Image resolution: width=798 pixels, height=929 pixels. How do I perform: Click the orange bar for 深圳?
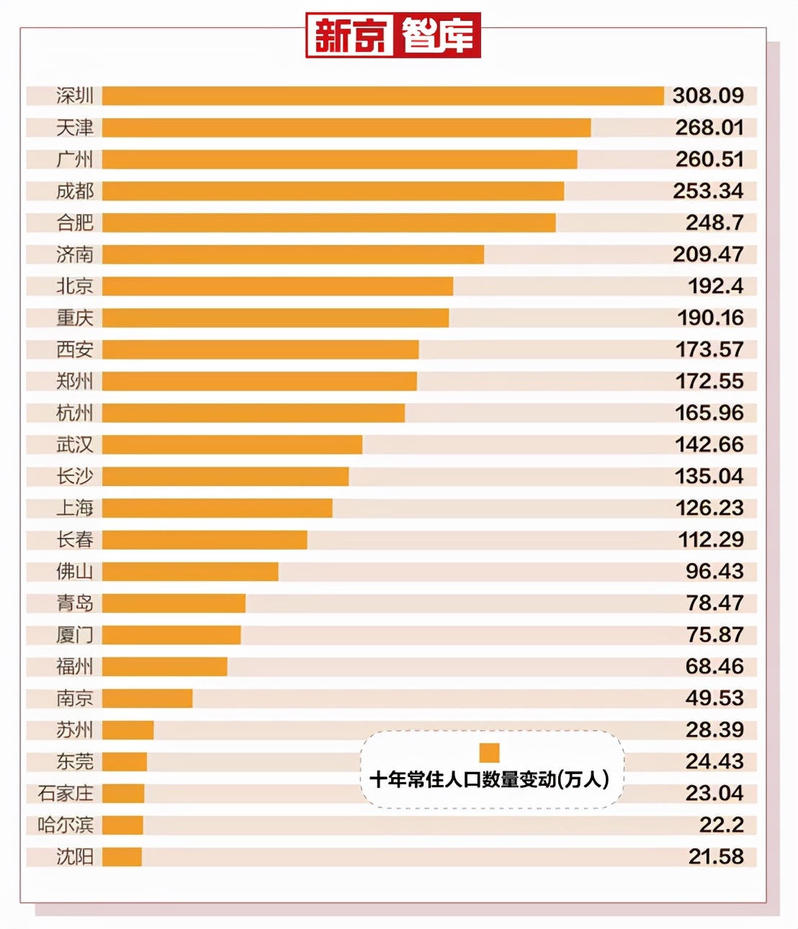(x=382, y=96)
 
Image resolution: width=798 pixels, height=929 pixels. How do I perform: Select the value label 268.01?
(x=709, y=127)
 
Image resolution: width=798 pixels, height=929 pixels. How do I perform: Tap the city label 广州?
(x=75, y=159)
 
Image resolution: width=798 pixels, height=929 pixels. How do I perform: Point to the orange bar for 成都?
(x=333, y=191)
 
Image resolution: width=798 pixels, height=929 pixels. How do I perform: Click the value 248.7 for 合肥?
(x=714, y=223)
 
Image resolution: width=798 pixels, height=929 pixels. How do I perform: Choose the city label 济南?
(x=75, y=254)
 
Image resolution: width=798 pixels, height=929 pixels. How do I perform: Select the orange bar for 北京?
(x=277, y=286)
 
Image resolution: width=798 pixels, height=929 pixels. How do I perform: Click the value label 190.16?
(x=709, y=318)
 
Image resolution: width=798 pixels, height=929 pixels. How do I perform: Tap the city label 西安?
(x=75, y=349)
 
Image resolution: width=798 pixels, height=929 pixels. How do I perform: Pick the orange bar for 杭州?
(x=253, y=413)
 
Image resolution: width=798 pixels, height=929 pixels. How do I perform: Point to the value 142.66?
(x=709, y=444)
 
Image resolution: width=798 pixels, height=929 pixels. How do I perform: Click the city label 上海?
(x=75, y=508)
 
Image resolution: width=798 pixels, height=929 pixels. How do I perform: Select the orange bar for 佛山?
(x=190, y=571)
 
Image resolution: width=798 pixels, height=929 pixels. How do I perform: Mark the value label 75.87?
(x=714, y=634)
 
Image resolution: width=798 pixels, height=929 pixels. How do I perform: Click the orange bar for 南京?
(x=147, y=698)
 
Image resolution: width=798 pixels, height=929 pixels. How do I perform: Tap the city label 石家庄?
(x=66, y=793)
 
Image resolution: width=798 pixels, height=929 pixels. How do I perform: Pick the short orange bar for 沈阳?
(x=122, y=856)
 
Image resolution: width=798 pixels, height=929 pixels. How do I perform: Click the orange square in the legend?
(x=489, y=753)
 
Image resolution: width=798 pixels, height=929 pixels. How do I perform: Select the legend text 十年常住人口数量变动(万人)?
(x=489, y=779)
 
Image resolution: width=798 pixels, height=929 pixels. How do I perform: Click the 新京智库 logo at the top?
(x=393, y=35)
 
